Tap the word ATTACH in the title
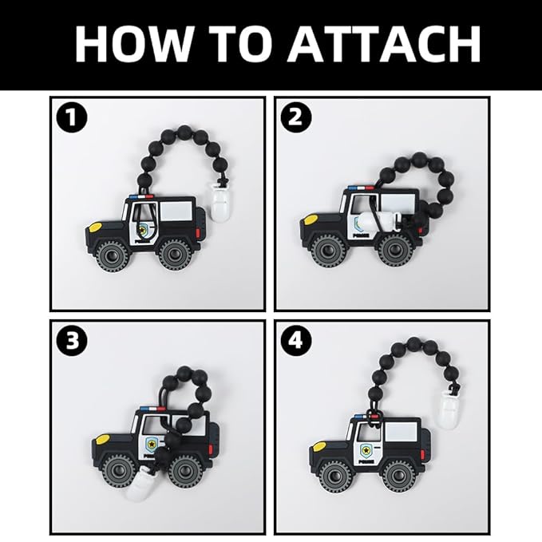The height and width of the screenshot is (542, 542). coord(384,43)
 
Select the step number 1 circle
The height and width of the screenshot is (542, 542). coord(72,117)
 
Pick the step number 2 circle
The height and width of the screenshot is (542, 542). coord(296,117)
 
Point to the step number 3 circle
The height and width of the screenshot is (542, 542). coord(72,341)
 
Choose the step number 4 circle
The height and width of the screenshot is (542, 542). coord(296,341)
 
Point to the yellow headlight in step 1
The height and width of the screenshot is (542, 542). coord(96,227)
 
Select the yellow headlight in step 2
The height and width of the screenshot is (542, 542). coord(311,219)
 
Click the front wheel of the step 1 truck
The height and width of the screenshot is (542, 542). coord(112,255)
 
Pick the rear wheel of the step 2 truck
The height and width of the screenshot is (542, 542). coord(394,250)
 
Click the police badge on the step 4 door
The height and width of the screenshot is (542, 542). coord(365,449)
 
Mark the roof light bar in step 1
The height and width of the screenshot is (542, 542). coord(142,196)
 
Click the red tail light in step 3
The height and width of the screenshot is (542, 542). coord(211,449)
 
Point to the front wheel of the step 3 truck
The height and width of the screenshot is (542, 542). coord(119,470)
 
